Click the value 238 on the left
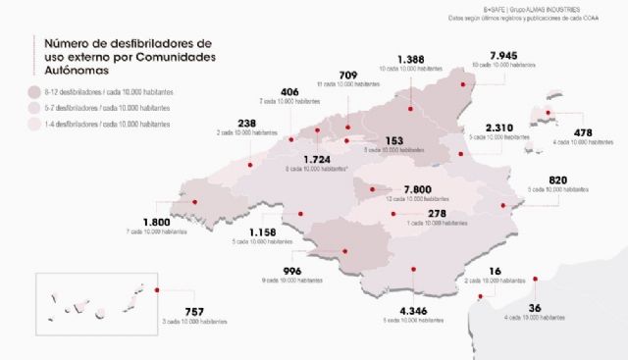247,123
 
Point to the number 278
437,213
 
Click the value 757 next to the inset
194,312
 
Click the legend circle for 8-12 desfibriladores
35,90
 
